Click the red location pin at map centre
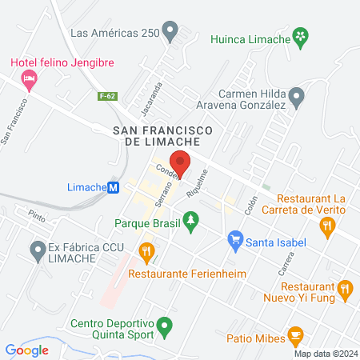[180, 162]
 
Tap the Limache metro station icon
[114, 187]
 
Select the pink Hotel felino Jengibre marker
[30, 78]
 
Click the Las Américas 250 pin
[170, 32]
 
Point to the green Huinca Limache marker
[299, 37]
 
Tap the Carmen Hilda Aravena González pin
[297, 97]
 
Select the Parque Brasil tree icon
[190, 218]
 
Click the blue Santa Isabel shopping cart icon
[234, 238]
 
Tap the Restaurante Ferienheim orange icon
[146, 252]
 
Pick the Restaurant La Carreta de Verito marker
[326, 227]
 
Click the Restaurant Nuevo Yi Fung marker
[345, 287]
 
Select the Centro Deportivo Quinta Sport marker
[164, 325]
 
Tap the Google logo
[27, 350]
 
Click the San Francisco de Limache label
[162, 135]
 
